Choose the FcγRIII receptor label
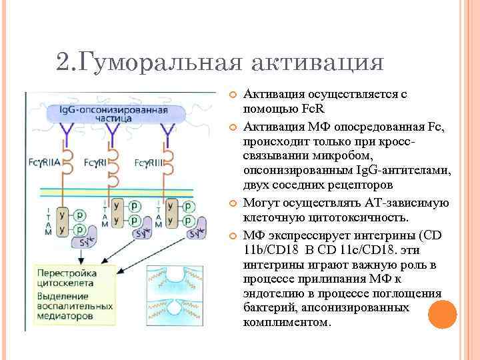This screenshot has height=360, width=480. (149, 162)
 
